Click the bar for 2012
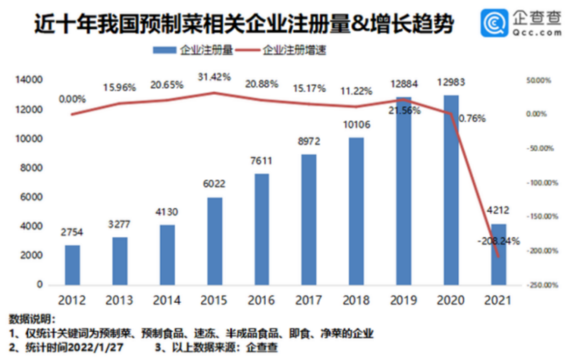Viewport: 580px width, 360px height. click(73, 265)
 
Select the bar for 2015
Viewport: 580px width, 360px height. click(214, 241)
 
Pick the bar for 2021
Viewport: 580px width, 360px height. click(498, 254)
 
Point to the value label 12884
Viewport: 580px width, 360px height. click(403, 84)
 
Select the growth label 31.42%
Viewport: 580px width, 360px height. click(214, 77)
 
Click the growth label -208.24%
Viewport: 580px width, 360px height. click(498, 241)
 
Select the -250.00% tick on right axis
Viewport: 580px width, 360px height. click(542, 285)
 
